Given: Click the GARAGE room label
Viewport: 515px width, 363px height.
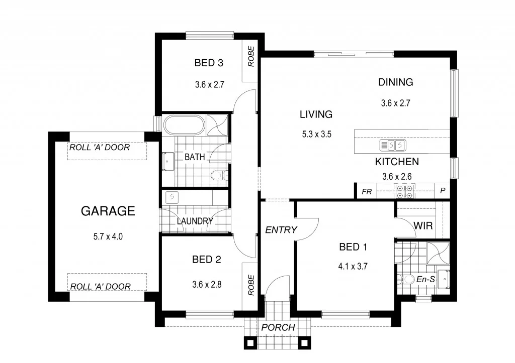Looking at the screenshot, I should click(108, 211).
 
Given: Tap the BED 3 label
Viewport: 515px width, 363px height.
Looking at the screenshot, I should click(209, 63).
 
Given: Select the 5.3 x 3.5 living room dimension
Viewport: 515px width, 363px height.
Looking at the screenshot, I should click(316, 134).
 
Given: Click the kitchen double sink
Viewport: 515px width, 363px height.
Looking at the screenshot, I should click(392, 146).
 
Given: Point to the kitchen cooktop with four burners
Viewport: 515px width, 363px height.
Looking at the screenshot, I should click(405, 191).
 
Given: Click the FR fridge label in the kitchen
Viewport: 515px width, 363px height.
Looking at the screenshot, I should click(367, 191).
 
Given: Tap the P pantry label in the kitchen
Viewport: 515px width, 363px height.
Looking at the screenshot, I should click(443, 191).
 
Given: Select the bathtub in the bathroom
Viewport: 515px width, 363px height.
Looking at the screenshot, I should click(185, 125).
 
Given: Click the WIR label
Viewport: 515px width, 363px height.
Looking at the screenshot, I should click(422, 226).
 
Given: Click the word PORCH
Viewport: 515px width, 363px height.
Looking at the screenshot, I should click(278, 328).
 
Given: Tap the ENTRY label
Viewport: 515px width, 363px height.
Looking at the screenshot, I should click(281, 230).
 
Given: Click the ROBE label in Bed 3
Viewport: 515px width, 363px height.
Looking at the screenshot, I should click(250, 57).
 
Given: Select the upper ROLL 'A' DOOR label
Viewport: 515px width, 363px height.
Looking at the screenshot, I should click(100, 148).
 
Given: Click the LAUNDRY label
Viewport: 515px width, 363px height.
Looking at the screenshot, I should click(195, 221).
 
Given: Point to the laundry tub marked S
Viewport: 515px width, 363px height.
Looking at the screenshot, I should click(173, 196).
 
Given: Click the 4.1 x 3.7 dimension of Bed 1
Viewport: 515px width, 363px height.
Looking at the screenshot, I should click(353, 267).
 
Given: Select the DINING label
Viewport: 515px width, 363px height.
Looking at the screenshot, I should click(395, 82).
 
